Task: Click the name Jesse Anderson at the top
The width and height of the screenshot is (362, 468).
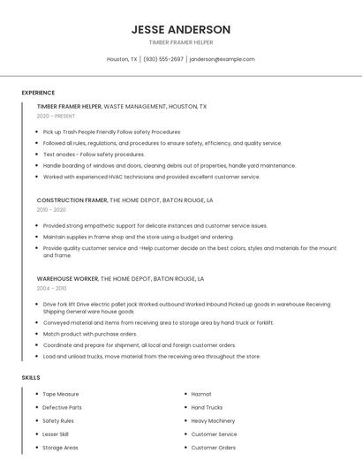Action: tap(181, 29)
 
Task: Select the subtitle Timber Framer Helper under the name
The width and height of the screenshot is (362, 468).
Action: tap(181, 42)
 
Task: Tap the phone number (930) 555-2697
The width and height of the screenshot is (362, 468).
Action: tap(163, 59)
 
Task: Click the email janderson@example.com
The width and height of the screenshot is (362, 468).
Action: tap(222, 59)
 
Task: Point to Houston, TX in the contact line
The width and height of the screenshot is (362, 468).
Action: tap(122, 59)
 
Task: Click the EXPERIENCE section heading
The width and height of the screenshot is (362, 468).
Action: tap(38, 93)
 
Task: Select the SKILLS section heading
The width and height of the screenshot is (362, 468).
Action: tap(31, 378)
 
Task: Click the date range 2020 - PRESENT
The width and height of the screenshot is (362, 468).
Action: tap(57, 116)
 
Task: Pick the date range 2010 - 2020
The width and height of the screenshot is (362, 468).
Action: tap(51, 210)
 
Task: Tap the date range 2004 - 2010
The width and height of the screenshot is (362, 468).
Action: tap(51, 288)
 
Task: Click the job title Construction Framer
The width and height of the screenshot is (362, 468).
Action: tap(72, 200)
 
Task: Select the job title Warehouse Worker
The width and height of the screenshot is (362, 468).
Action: tap(67, 278)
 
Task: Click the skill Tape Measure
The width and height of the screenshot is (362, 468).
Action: tap(61, 394)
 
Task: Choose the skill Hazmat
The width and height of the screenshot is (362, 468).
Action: tap(200, 394)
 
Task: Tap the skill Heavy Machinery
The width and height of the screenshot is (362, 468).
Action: tap(213, 421)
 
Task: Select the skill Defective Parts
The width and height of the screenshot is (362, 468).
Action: tap(62, 408)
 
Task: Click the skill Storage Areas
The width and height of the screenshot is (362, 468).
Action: tap(60, 448)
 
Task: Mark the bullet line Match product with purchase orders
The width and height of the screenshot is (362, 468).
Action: tap(90, 335)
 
